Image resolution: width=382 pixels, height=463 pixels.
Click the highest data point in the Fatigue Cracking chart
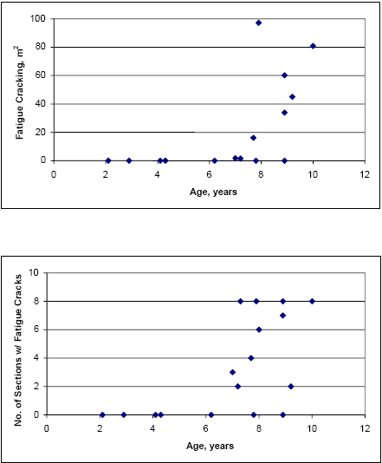click(258, 23)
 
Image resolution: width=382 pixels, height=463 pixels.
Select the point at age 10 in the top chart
click(313, 46)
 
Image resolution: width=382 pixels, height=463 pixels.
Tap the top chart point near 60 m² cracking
click(284, 75)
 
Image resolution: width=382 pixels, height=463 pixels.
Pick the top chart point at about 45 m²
click(292, 96)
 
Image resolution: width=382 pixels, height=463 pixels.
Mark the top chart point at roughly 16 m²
click(253, 138)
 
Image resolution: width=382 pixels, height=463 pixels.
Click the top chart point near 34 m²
click(284, 112)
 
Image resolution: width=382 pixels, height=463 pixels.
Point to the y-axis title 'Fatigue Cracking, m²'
click(19, 91)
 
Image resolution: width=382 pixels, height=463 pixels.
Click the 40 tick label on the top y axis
click(40, 103)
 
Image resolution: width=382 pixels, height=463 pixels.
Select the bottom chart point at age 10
click(312, 301)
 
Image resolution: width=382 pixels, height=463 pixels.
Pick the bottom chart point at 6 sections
click(259, 329)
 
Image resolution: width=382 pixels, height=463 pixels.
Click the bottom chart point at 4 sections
click(250, 358)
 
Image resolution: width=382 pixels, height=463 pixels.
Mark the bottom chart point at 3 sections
click(232, 372)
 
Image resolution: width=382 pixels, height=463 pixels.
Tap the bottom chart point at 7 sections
click(282, 316)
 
